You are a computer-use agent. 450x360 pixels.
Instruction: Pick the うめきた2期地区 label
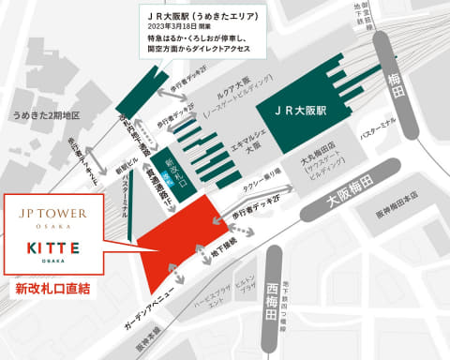[42, 116]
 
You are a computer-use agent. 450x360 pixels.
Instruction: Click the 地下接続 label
[208, 252]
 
